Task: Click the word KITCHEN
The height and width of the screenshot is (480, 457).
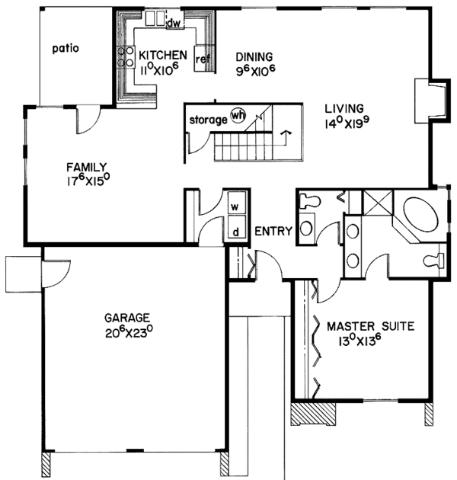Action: (161, 54)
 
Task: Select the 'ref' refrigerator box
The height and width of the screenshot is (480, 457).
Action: (202, 59)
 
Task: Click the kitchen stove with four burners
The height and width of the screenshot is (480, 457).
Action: (124, 59)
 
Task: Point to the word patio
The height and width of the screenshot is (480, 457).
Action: (66, 49)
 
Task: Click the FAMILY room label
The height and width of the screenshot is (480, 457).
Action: (85, 168)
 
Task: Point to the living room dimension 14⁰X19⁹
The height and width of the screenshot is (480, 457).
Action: (344, 123)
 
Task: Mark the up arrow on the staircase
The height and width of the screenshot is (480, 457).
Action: (286, 135)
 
